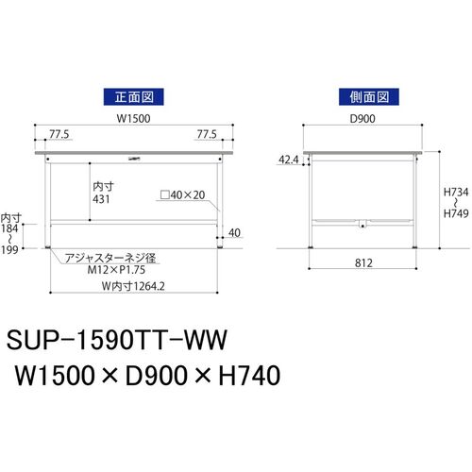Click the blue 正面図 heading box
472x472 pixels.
pos(134,97)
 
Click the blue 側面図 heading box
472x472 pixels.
pos(369,97)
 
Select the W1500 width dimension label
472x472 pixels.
pos(134,119)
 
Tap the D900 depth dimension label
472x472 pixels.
pos(362,119)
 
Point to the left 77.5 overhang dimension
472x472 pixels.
pos(59,134)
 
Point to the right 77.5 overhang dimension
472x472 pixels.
pos(207,134)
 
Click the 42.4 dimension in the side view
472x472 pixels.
pos(289,160)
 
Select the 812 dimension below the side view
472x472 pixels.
pos(363,263)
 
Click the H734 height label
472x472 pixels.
pos(456,192)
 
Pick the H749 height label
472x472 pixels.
pos(456,213)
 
